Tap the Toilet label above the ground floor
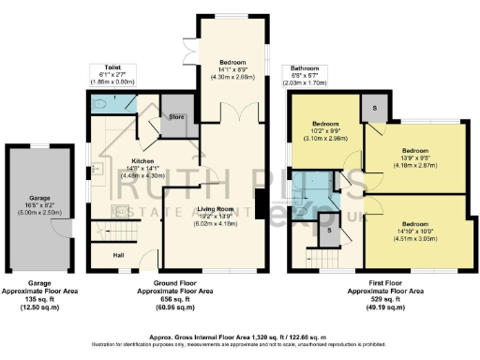[112, 68]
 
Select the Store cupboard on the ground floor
[174, 117]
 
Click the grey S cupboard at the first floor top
[375, 109]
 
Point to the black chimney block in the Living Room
[259, 202]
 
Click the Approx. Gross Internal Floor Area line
[240, 335]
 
